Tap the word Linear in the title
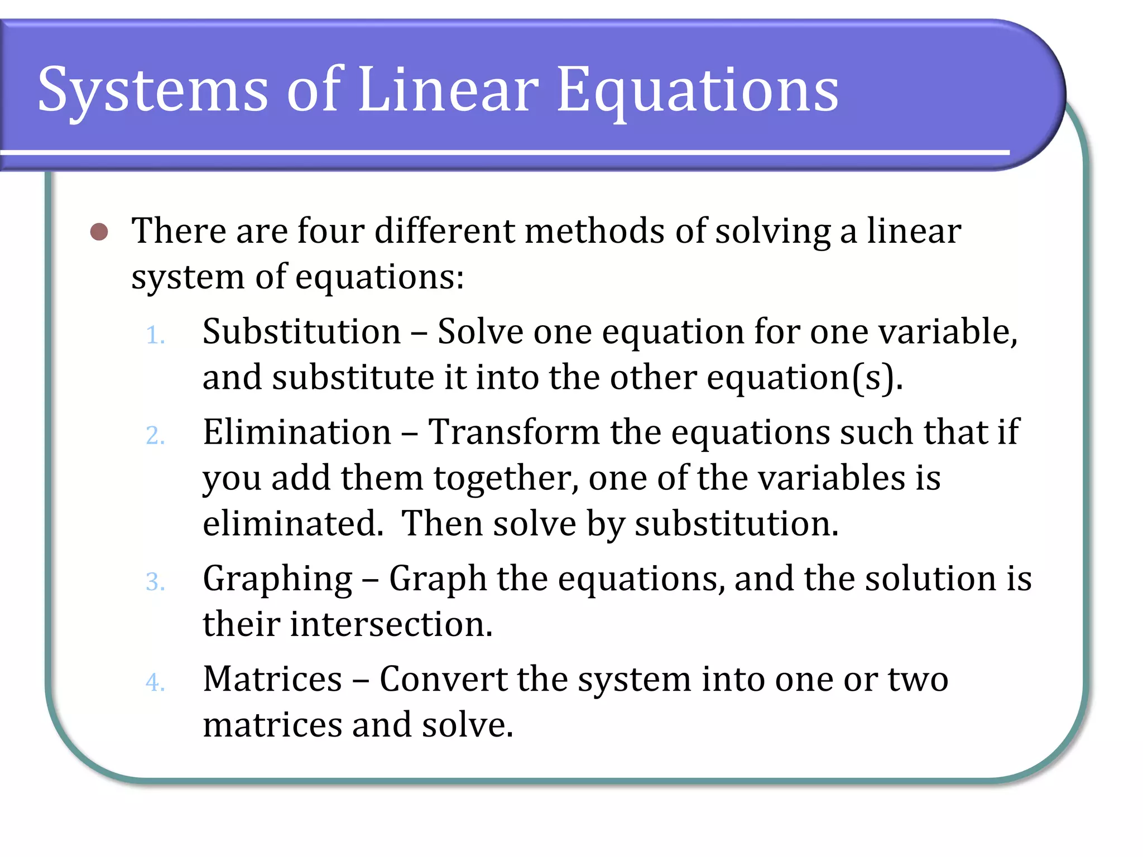point(448,89)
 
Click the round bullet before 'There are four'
point(99,232)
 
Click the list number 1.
point(155,336)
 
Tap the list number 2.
point(155,436)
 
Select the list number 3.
point(155,582)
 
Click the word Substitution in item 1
point(301,331)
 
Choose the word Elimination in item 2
point(297,432)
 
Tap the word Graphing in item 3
point(277,579)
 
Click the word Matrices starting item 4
point(272,679)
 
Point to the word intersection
point(391,624)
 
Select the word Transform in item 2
point(513,432)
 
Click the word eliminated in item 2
point(292,523)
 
